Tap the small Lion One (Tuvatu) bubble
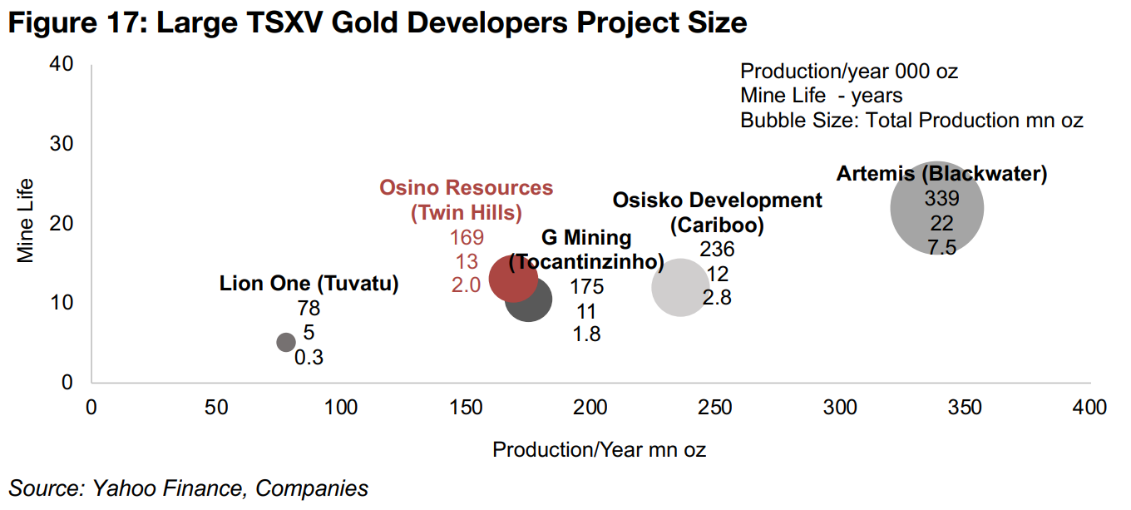pyautogui.click(x=286, y=342)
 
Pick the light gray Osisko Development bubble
pyautogui.click(x=681, y=287)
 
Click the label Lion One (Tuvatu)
pyautogui.click(x=309, y=284)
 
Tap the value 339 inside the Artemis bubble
pyautogui.click(x=941, y=199)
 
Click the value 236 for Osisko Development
pyautogui.click(x=717, y=249)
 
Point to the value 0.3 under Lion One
pyautogui.click(x=309, y=358)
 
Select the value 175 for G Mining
pyautogui.click(x=586, y=287)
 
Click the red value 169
pyautogui.click(x=466, y=238)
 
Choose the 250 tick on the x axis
pyautogui.click(x=715, y=408)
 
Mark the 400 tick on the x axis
pyautogui.click(x=1089, y=408)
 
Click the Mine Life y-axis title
pyautogui.click(x=27, y=220)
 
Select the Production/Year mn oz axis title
pyautogui.click(x=599, y=450)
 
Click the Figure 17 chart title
pyautogui.click(x=377, y=23)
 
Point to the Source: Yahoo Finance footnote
pyautogui.click(x=188, y=488)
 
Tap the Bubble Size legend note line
pyautogui.click(x=911, y=121)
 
